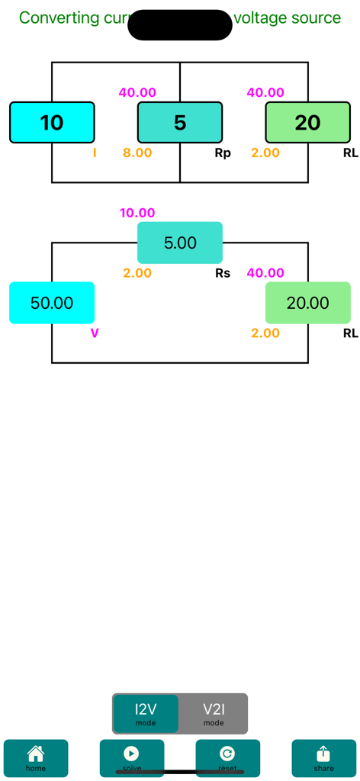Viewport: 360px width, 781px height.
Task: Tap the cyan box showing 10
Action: (x=52, y=123)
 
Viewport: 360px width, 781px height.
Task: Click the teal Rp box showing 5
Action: (x=180, y=123)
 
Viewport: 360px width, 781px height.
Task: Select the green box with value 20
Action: (x=307, y=123)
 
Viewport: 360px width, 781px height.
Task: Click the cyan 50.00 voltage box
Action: (x=52, y=303)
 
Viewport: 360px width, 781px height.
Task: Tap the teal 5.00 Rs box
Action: (x=180, y=243)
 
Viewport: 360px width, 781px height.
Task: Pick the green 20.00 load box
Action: (x=307, y=303)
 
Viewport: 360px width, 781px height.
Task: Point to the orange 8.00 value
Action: (x=137, y=153)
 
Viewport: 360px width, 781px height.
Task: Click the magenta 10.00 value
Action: (x=137, y=213)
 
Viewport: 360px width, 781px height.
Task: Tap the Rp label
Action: (x=223, y=153)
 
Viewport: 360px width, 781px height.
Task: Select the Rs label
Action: (x=223, y=273)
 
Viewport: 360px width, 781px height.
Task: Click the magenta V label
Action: (x=95, y=333)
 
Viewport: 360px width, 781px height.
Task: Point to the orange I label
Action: (x=95, y=153)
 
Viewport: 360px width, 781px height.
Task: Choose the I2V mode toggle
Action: (x=146, y=714)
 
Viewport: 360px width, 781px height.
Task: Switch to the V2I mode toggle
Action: (x=214, y=714)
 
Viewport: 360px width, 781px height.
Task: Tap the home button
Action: (x=36, y=758)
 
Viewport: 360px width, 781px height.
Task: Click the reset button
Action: (x=227, y=758)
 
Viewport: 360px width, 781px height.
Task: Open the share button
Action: (x=323, y=758)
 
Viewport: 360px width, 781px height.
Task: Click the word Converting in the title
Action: (x=59, y=18)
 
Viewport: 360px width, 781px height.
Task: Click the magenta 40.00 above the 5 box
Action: (x=137, y=93)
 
